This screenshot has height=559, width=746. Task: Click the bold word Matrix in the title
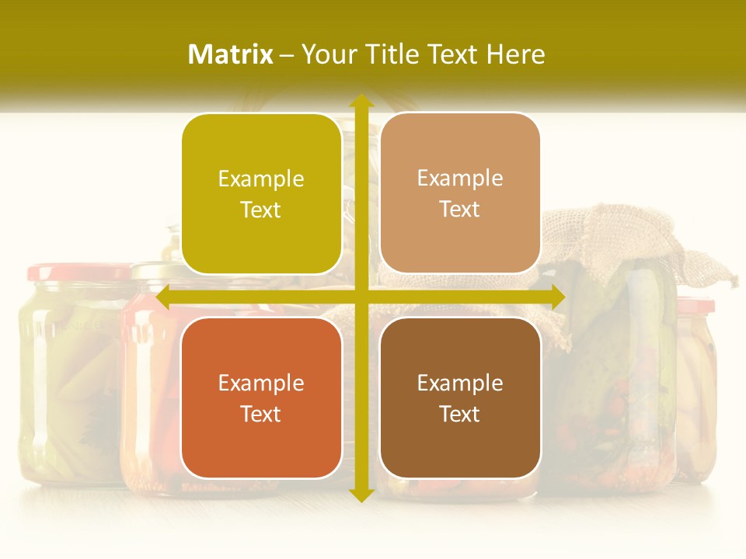click(x=231, y=54)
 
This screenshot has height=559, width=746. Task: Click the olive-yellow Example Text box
click(x=261, y=194)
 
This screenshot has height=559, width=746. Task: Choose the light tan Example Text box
click(x=460, y=193)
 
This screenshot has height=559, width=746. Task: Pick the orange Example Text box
click(x=261, y=398)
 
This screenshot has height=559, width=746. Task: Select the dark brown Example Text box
click(x=460, y=398)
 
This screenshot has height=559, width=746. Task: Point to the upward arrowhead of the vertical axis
click(x=361, y=101)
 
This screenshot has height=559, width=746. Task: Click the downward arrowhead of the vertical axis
click(x=361, y=495)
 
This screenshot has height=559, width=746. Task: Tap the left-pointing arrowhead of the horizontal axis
click(x=163, y=297)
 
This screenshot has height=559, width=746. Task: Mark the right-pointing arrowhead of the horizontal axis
click(x=557, y=297)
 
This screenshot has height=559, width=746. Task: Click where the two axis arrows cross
click(x=361, y=297)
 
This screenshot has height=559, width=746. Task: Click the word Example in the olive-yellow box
click(x=261, y=179)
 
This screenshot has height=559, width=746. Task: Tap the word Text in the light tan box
click(x=460, y=209)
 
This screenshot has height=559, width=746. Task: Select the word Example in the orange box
click(x=261, y=383)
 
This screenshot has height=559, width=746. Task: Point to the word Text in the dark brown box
click(x=460, y=414)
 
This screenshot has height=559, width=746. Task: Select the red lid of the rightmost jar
click(x=695, y=304)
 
